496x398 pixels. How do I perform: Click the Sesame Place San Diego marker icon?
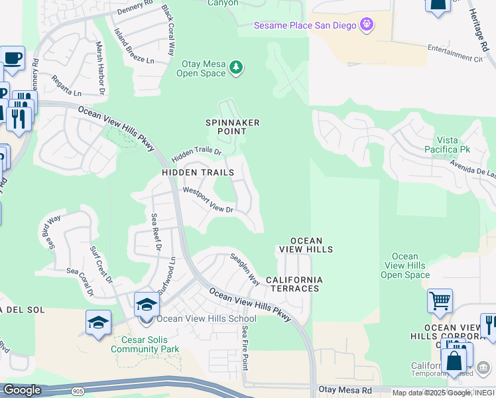click(367, 25)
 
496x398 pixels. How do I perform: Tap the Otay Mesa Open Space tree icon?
click(235, 68)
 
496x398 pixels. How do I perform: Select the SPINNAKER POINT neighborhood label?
click(232, 127)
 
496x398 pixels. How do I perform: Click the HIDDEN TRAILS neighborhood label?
click(198, 172)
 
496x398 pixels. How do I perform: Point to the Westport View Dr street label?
click(208, 200)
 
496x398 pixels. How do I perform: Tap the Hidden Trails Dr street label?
click(196, 153)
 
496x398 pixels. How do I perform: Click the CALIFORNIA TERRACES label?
click(294, 285)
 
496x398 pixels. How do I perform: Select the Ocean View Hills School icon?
click(147, 305)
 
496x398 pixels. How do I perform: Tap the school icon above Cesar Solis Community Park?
click(98, 323)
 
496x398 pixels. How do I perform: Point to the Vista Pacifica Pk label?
click(452, 145)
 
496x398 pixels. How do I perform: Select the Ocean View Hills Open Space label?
click(405, 265)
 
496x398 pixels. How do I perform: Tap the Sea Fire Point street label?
click(245, 348)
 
